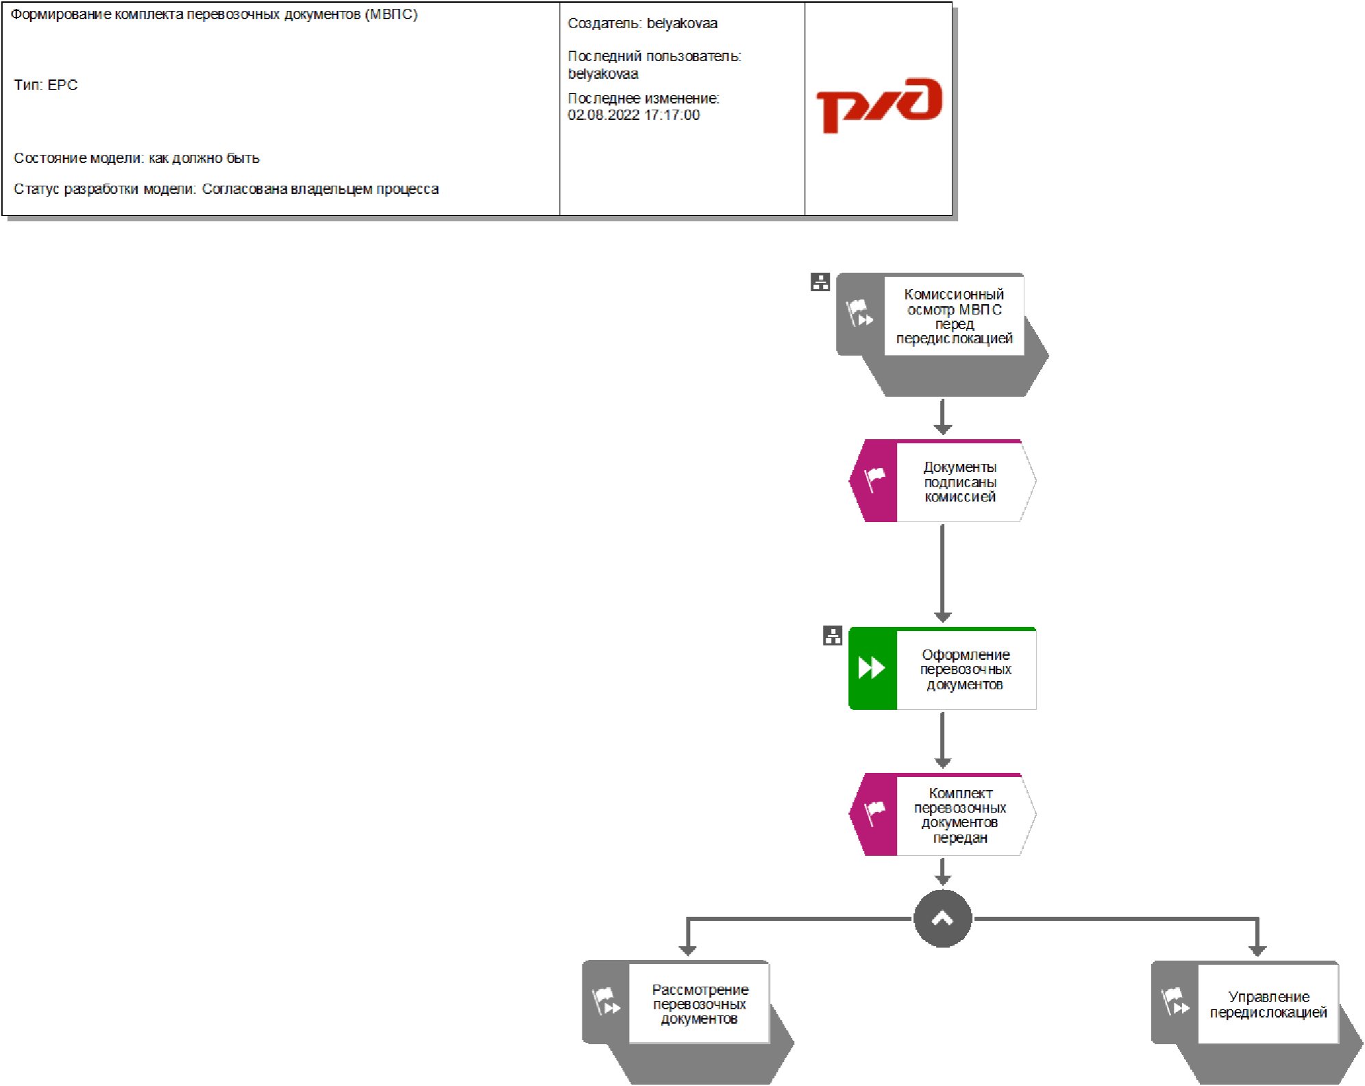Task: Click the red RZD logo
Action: tap(878, 105)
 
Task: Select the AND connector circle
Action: tap(942, 919)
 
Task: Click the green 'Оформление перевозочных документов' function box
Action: tap(965, 669)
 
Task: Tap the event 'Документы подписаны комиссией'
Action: tap(959, 482)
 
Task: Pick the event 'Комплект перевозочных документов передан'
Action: tap(959, 815)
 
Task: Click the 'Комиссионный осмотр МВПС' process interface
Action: tap(953, 317)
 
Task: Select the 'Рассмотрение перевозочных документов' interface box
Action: tap(698, 1004)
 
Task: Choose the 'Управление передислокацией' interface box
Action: tap(1267, 1004)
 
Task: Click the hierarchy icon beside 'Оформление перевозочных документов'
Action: tap(832, 636)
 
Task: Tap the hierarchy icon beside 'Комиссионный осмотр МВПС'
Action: tap(820, 282)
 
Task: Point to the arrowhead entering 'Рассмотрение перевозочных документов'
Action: tap(687, 950)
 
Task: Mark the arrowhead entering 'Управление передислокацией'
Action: tap(1257, 950)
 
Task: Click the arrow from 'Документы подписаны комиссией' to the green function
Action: tap(942, 572)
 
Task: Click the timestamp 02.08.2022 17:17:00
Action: tap(633, 115)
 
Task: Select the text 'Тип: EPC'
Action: tap(46, 85)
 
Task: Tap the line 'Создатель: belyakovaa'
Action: tap(642, 23)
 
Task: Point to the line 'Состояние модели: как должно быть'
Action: tap(136, 158)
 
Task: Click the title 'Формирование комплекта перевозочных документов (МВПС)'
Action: tap(214, 14)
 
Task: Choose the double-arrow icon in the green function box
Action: tap(872, 667)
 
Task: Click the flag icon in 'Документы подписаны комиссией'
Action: tap(874, 479)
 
